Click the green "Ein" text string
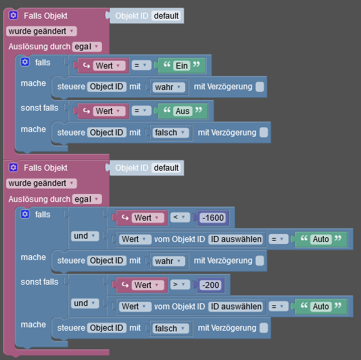click(182, 66)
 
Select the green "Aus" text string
click(182, 111)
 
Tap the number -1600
click(213, 217)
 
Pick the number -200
click(210, 285)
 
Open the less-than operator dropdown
click(180, 217)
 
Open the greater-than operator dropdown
click(180, 285)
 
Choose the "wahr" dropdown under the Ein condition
click(169, 87)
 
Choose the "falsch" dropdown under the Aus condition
click(171, 133)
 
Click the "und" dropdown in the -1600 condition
click(85, 236)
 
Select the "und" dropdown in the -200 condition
click(85, 303)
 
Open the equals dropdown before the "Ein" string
click(141, 65)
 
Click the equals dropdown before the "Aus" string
click(141, 111)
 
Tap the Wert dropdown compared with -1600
click(148, 217)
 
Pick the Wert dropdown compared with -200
click(148, 285)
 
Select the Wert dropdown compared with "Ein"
click(109, 66)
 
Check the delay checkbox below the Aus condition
click(264, 133)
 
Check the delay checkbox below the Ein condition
click(260, 87)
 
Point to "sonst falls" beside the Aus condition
click(39, 108)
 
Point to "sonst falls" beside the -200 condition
click(39, 282)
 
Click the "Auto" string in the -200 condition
click(321, 307)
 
